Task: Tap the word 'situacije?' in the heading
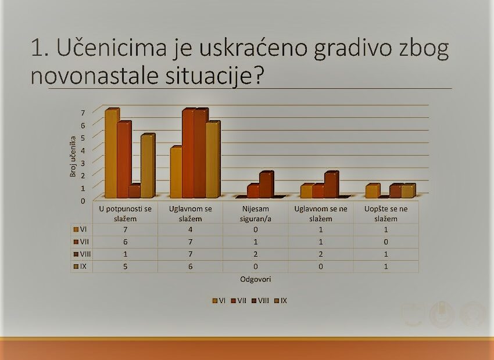tap(214, 76)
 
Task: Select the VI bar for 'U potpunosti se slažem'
tap(112, 153)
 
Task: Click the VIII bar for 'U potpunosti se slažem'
tap(135, 191)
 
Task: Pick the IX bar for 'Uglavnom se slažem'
tap(213, 160)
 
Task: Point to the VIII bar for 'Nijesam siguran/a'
tap(267, 185)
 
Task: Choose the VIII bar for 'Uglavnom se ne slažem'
tap(331, 185)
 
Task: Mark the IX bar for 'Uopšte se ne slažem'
tap(409, 191)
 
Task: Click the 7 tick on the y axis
tap(83, 113)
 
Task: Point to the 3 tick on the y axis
tap(83, 163)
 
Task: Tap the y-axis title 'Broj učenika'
tap(73, 156)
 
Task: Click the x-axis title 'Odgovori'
tap(256, 279)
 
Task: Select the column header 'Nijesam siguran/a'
tap(256, 214)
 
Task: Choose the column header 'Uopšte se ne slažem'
tap(386, 214)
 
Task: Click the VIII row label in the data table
tap(82, 254)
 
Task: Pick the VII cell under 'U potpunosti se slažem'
tap(126, 242)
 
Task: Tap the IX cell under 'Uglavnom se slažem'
tap(190, 267)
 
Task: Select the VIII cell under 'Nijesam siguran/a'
tap(256, 254)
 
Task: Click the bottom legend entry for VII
tap(238, 301)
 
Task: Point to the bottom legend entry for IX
tap(281, 301)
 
